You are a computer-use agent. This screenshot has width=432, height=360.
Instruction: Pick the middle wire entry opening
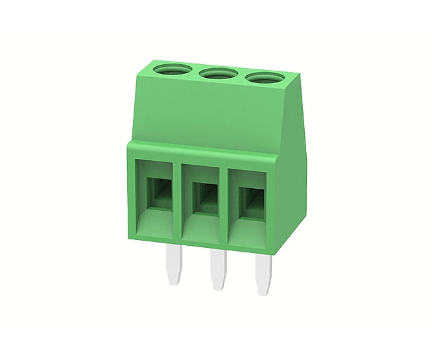(202, 198)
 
